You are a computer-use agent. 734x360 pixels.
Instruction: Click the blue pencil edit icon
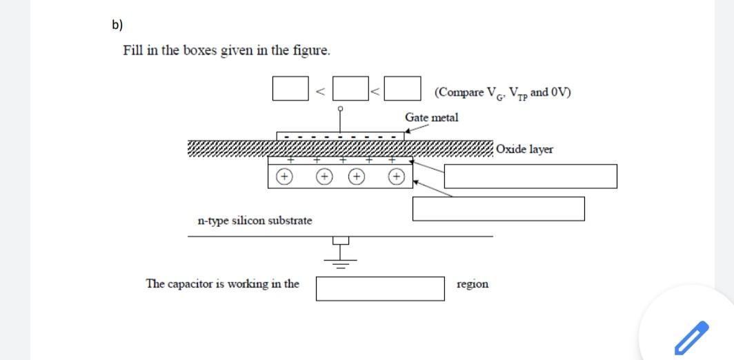click(x=691, y=337)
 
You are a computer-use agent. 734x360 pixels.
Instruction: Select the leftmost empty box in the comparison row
click(x=289, y=89)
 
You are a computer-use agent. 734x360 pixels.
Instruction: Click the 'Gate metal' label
click(x=431, y=117)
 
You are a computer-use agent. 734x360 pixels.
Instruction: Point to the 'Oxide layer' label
click(x=524, y=149)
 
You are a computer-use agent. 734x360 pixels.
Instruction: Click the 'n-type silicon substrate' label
click(x=255, y=221)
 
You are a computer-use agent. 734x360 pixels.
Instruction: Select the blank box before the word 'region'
click(x=380, y=288)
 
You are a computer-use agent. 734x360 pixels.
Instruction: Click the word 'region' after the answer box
click(x=473, y=284)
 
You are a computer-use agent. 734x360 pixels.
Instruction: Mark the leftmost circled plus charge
click(x=284, y=177)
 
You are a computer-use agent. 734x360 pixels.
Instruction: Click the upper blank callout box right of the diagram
click(x=530, y=176)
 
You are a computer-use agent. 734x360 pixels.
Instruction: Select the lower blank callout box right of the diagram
click(x=498, y=208)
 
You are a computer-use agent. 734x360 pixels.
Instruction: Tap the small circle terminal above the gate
click(x=340, y=109)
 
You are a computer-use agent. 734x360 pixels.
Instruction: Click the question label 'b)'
click(x=117, y=26)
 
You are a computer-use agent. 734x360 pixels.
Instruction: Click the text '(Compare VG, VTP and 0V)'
click(x=502, y=92)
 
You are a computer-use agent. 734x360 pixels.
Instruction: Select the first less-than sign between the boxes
click(x=319, y=90)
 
